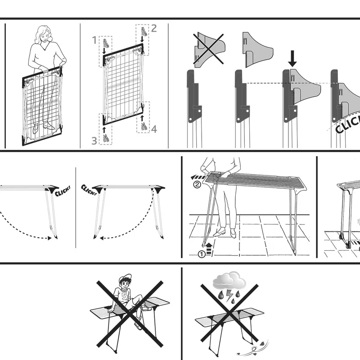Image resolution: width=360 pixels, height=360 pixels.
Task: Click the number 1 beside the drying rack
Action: [94, 40]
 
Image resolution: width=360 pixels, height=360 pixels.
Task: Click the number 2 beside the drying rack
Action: [154, 28]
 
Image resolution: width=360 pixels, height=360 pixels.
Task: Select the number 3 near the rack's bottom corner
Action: [94, 141]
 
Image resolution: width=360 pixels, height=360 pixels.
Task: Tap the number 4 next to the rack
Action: [154, 129]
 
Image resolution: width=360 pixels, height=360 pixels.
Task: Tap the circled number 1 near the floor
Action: [202, 254]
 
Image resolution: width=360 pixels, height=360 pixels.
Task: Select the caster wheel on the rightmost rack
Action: [347, 245]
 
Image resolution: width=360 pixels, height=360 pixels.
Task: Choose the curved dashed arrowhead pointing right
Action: [51, 238]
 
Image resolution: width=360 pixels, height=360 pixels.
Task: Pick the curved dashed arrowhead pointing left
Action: [102, 239]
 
